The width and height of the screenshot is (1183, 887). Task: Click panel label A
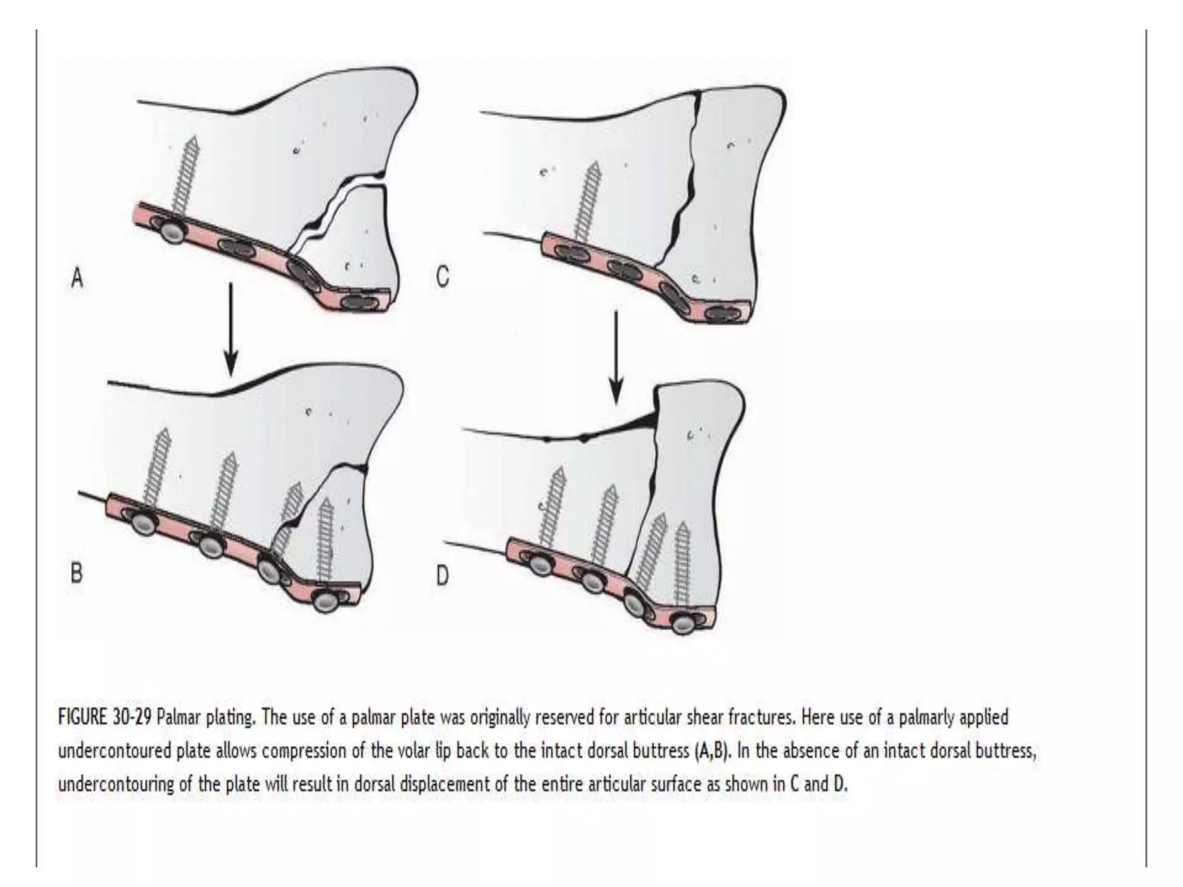click(77, 279)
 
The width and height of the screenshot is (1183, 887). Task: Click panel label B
click(76, 574)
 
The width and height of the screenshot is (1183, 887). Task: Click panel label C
click(442, 278)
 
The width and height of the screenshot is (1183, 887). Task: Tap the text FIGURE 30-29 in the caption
click(105, 718)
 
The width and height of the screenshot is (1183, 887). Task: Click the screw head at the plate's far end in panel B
click(325, 601)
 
